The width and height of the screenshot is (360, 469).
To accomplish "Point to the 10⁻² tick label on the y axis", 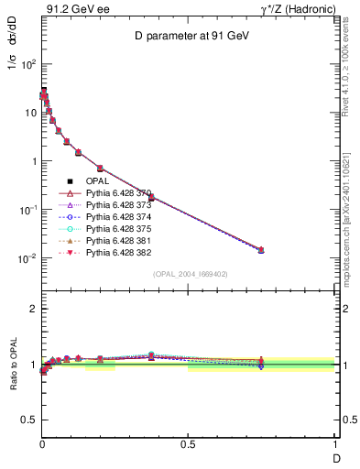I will click(x=27, y=258).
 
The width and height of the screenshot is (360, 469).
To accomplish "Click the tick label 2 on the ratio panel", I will click(x=31, y=309).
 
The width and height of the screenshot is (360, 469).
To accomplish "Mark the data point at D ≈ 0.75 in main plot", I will click(x=261, y=249).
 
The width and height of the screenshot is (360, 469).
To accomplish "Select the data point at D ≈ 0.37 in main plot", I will click(x=151, y=197).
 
